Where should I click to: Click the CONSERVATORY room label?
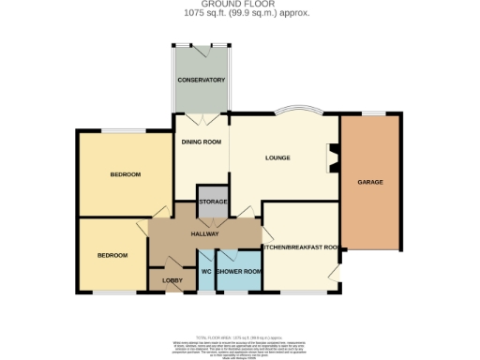(x=202, y=81)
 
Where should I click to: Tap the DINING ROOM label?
(x=202, y=142)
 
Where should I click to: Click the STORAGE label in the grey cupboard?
(x=212, y=202)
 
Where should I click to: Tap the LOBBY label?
(x=172, y=279)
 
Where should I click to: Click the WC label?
(x=205, y=272)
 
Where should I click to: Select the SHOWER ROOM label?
(x=239, y=272)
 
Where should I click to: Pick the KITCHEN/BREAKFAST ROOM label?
(x=300, y=247)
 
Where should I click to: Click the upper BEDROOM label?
(x=125, y=174)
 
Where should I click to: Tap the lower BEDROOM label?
(x=112, y=255)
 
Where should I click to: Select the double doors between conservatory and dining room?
(x=202, y=117)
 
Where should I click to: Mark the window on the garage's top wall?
(x=373, y=114)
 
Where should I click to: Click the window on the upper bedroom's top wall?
(x=122, y=130)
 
